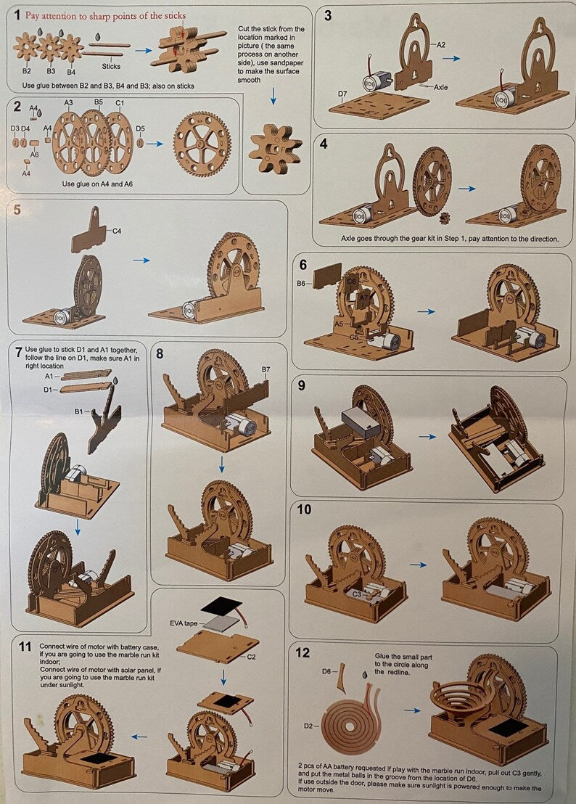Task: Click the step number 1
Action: coord(17,15)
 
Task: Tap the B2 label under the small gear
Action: coord(26,71)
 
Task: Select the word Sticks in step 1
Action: coord(111,66)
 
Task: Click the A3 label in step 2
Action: coord(68,103)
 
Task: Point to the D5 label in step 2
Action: coord(140,128)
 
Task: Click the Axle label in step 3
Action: coord(441,87)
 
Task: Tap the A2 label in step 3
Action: coord(441,44)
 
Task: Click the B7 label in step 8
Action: coord(266,370)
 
